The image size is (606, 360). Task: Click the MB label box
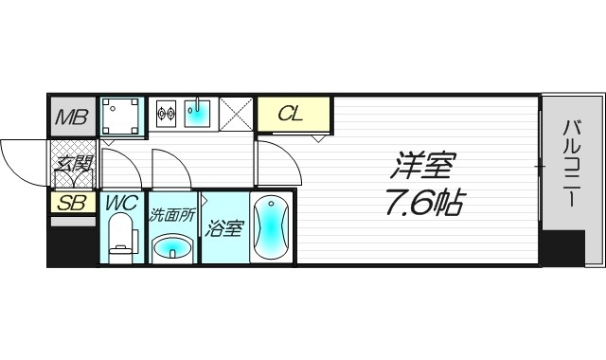pos(73,117)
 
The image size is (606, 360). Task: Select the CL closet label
pos(292,115)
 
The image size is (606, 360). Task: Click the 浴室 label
pos(224,227)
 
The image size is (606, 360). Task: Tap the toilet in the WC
pos(120,237)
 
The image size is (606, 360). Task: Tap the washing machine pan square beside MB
pos(121,117)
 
